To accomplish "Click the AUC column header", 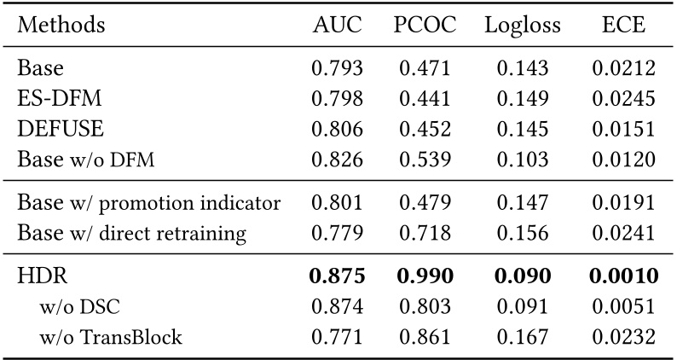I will point(338,26).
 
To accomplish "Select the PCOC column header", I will point(425,26).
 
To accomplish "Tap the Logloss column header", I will point(523,26).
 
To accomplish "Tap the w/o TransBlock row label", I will point(110,337).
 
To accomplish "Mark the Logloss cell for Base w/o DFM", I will point(523,159).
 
